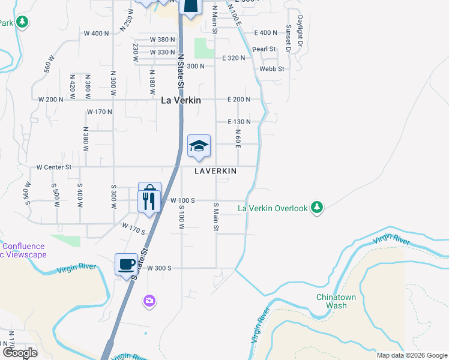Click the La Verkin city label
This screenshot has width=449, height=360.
tap(181, 100)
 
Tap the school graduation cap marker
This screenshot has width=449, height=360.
tap(199, 146)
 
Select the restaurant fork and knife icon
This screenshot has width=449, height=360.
tap(149, 199)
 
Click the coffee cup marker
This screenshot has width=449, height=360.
tap(127, 265)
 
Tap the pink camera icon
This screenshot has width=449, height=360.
tap(149, 299)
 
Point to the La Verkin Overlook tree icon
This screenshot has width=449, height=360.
tap(318, 208)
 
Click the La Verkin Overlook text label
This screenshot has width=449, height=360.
tap(273, 208)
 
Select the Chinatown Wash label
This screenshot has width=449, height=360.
tap(332, 301)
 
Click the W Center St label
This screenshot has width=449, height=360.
tap(53, 167)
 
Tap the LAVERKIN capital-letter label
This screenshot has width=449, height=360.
tap(215, 171)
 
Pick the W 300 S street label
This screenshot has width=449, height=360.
tap(159, 268)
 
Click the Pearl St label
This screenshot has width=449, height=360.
tap(264, 49)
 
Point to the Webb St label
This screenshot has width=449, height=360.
tap(271, 69)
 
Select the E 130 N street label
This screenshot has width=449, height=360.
tap(239, 121)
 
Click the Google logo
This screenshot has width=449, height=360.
tap(20, 353)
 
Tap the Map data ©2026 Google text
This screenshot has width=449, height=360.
tap(412, 355)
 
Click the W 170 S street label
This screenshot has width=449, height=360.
tap(134, 229)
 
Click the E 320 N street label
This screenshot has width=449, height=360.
tap(234, 58)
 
